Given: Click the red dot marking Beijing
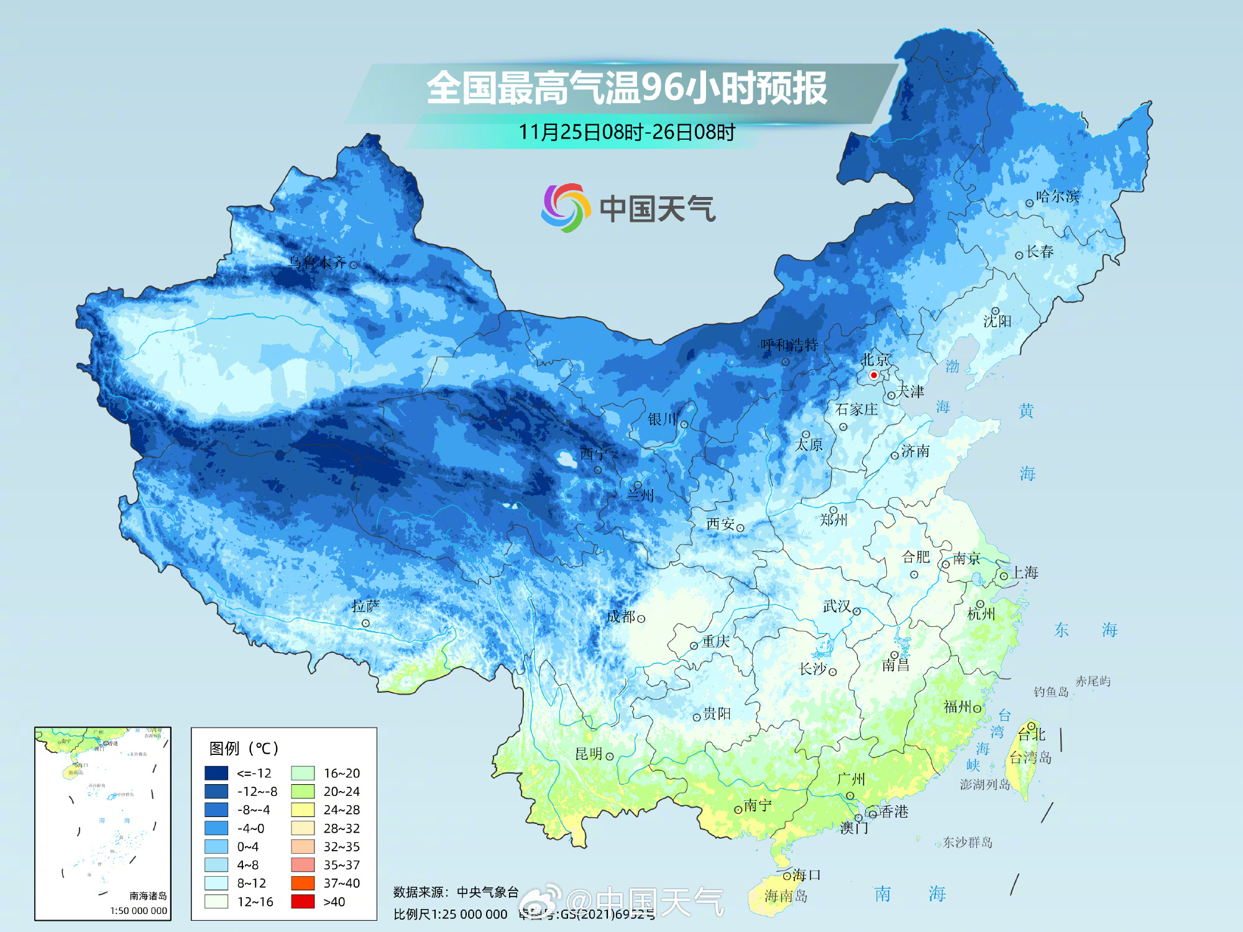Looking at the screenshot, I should pyautogui.click(x=873, y=375).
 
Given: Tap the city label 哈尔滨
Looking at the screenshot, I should pyautogui.click(x=1057, y=196).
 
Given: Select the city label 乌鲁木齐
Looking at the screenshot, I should pyautogui.click(x=317, y=262).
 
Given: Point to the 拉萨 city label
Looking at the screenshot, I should pyautogui.click(x=365, y=605).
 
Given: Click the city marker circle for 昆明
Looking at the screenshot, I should pyautogui.click(x=610, y=756).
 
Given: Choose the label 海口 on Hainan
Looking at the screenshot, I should pyautogui.click(x=807, y=875).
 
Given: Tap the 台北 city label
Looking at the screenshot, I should pyautogui.click(x=1032, y=734).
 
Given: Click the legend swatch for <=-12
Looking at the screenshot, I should pyautogui.click(x=216, y=773).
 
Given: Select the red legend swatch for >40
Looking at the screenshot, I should pyautogui.click(x=303, y=902).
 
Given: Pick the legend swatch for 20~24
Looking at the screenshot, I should pyautogui.click(x=303, y=792).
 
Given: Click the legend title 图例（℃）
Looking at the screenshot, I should pyautogui.click(x=244, y=748).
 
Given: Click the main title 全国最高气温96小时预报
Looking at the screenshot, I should pyautogui.click(x=626, y=88).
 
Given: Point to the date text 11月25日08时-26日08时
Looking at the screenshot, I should pyautogui.click(x=626, y=132).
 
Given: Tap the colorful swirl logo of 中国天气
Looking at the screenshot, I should pyautogui.click(x=564, y=208).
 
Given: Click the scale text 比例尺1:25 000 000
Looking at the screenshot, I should pyautogui.click(x=450, y=914).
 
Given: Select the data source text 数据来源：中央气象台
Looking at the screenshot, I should pyautogui.click(x=456, y=892).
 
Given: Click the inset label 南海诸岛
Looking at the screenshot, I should pyautogui.click(x=148, y=895).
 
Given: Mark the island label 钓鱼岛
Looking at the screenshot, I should pyautogui.click(x=1051, y=692).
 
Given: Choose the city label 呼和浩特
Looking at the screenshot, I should pyautogui.click(x=789, y=345).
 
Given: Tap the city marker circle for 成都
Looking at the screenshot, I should pyautogui.click(x=641, y=619).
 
